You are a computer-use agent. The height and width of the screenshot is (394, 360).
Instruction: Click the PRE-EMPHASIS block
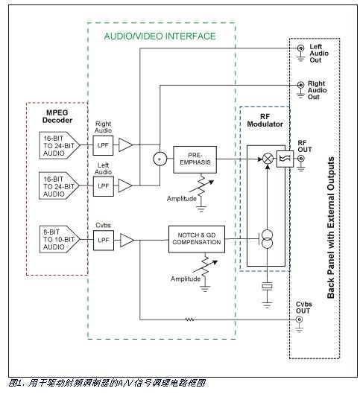click(x=195, y=159)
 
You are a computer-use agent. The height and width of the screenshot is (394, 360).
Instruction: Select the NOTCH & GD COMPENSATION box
click(x=197, y=239)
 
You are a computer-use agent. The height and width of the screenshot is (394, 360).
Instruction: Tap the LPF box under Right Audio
click(x=103, y=145)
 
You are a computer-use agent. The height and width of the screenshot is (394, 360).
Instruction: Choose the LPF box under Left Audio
click(x=104, y=186)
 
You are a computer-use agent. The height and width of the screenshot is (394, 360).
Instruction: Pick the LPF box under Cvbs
click(x=104, y=241)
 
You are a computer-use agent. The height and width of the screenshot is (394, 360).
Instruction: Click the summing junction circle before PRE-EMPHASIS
click(x=160, y=159)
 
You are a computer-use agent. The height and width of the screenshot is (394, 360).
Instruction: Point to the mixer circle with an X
click(x=268, y=159)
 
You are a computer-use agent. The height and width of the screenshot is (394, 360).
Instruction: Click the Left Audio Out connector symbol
click(x=300, y=48)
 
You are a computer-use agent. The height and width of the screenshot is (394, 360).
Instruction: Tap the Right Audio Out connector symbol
click(x=300, y=85)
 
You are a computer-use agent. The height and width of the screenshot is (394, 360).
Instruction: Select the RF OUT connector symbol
click(x=301, y=159)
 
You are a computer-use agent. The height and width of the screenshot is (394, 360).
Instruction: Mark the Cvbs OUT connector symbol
click(x=299, y=320)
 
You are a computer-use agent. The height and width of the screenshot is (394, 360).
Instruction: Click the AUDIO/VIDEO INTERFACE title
click(x=160, y=36)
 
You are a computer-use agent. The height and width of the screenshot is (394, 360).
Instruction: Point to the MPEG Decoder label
click(x=57, y=116)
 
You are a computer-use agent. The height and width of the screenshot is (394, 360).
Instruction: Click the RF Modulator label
click(x=265, y=121)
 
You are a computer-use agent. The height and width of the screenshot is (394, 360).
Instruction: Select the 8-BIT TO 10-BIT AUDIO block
click(x=60, y=239)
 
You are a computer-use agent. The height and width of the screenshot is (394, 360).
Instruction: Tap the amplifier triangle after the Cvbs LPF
click(x=127, y=241)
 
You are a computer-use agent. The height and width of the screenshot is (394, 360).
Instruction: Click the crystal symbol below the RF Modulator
click(x=268, y=287)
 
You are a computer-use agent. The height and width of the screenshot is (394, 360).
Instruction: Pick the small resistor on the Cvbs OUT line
click(x=189, y=320)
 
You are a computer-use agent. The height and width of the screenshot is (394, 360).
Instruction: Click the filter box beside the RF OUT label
click(x=285, y=159)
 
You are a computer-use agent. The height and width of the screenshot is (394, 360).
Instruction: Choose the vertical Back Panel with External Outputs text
click(x=331, y=228)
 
